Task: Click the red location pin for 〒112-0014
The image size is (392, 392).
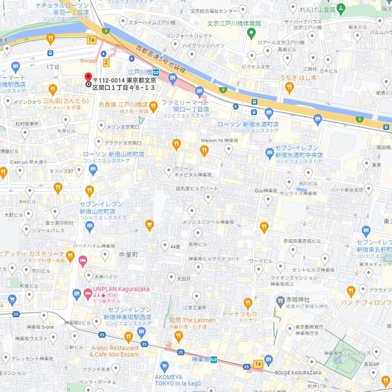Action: tap(89, 77)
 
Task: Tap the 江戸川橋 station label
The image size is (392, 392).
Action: tap(139, 72)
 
